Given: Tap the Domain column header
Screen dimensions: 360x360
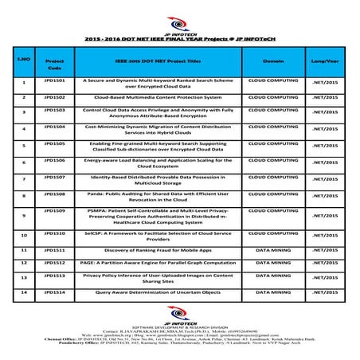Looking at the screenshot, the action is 273,60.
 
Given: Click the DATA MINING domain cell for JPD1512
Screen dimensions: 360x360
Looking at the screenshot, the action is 273,262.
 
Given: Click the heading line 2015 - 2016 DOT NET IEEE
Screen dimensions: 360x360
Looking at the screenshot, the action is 181,37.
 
